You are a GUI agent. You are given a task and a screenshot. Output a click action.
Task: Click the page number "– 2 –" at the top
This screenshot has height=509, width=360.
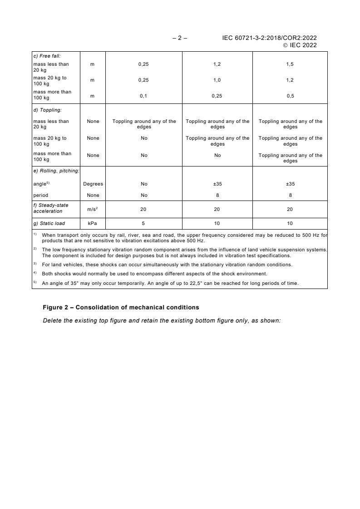tap(180, 38)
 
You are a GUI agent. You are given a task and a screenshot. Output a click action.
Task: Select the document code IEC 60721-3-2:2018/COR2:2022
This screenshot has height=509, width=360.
tap(269, 38)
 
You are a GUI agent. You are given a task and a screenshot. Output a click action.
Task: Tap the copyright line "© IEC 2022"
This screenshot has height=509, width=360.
tap(300, 45)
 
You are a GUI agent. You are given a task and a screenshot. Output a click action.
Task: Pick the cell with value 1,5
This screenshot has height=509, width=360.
tap(290, 64)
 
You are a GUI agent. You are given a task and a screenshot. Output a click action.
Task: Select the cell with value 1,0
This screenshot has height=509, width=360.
tap(217, 80)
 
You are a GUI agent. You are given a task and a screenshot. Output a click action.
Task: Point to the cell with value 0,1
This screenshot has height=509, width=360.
tap(143, 96)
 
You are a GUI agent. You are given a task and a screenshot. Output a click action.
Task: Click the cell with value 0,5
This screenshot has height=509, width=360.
tap(290, 96)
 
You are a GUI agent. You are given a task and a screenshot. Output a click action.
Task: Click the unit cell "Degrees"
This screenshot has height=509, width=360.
tap(93, 184)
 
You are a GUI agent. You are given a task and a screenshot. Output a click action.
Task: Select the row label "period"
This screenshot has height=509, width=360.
tap(40, 196)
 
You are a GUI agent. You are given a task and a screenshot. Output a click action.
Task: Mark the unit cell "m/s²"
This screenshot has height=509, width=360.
tap(93, 209)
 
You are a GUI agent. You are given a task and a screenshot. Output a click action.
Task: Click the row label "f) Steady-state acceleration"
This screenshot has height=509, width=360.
tap(50, 209)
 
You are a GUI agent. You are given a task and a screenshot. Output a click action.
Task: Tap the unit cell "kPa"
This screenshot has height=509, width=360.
tap(93, 223)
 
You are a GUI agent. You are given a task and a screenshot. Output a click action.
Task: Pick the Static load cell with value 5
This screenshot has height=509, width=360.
tap(143, 223)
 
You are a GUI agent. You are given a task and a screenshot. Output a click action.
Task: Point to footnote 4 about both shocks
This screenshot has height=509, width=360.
tap(154, 274)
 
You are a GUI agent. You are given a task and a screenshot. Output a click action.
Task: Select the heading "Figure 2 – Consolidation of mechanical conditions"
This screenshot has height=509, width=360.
tap(121, 308)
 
